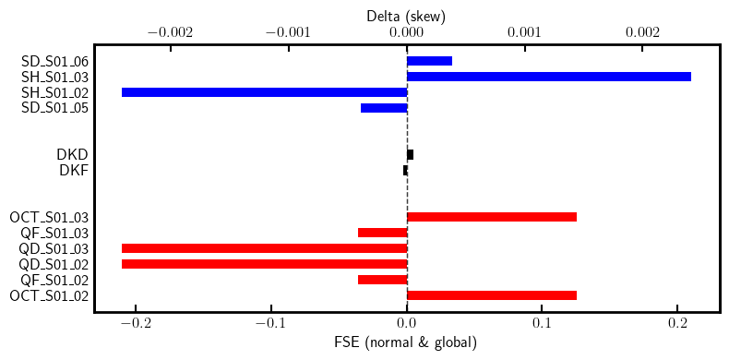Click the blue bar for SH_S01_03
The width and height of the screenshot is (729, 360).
pos(549,77)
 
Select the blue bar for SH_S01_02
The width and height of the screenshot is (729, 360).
pos(264,92)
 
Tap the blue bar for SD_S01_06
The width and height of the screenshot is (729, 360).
pos(429,61)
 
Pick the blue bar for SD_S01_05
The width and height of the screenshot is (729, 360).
pos(384,108)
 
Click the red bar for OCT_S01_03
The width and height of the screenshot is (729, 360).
pos(492,217)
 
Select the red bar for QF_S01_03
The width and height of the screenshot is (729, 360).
pos(382,233)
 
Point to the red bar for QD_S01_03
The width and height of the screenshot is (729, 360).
pos(264,248)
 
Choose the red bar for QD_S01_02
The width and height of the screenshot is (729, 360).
pos(264,264)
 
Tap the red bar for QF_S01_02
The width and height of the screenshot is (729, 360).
pos(382,280)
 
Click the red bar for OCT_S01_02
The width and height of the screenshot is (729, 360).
pos(492,295)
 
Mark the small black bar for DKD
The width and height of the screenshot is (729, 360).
pos(410,155)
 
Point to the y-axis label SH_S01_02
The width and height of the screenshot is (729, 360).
pos(54,93)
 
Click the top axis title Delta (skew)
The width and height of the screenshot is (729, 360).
pos(406,16)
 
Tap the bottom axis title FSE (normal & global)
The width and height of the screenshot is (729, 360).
pos(406,343)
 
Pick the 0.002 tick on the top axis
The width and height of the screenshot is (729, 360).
pos(642,32)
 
